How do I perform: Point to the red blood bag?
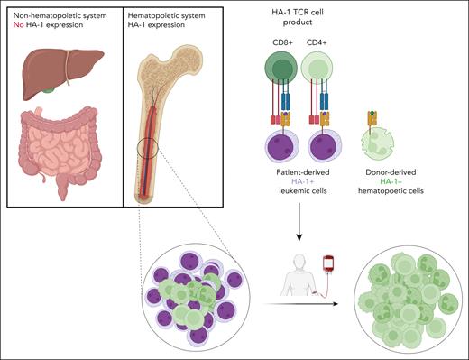pyautogui.click(x=330, y=268)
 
